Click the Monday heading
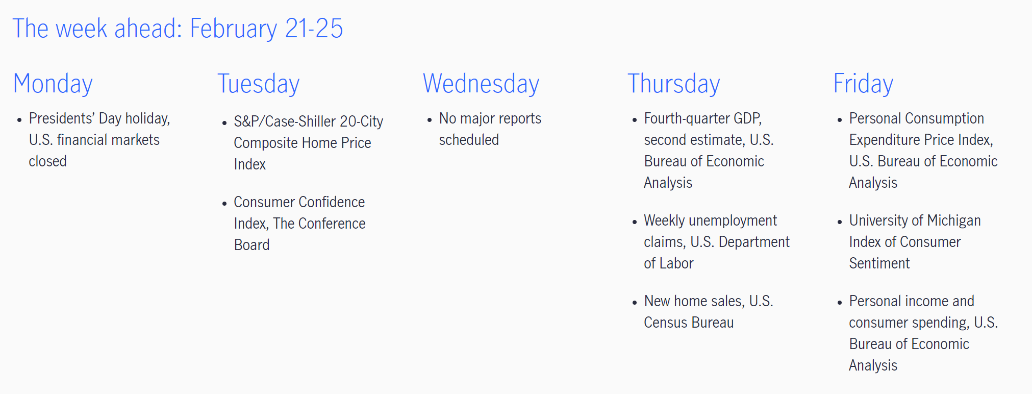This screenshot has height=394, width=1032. (53, 84)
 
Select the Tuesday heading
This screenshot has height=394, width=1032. (259, 84)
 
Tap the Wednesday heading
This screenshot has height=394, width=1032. (481, 84)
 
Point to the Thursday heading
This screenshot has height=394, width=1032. (674, 84)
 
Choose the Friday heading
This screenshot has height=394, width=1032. (863, 84)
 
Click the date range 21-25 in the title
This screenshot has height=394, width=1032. (314, 29)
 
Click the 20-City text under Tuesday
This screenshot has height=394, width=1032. (362, 121)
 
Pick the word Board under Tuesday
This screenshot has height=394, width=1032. (252, 245)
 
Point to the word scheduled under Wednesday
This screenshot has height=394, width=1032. (469, 140)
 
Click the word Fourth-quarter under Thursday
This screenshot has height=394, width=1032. (687, 118)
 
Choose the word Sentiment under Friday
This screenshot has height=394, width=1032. (879, 263)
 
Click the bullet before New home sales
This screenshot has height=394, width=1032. (635, 303)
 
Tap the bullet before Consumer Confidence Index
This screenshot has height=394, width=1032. (224, 204)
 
